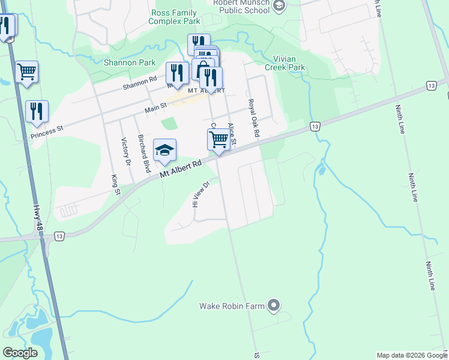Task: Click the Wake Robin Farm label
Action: click(232, 306)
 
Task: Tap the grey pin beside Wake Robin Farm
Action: click(274, 306)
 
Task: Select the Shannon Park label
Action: click(130, 62)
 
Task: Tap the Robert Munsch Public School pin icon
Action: click(279, 5)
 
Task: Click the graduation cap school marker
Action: click(164, 150)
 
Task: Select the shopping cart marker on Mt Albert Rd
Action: click(218, 139)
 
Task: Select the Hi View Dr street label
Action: click(200, 194)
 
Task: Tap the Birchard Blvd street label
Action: click(143, 153)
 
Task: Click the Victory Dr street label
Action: click(126, 151)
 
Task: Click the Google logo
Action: click(20, 353)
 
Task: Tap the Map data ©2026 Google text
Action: click(411, 355)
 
